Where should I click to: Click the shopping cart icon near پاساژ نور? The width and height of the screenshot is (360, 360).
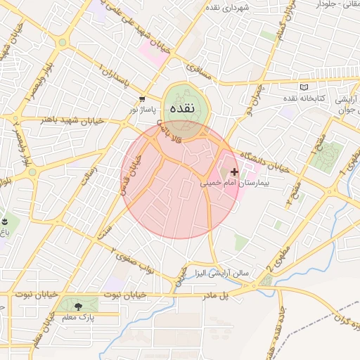[142, 99]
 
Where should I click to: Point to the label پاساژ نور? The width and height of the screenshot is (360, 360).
[139, 110]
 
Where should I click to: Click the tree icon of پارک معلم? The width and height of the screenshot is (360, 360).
[77, 306]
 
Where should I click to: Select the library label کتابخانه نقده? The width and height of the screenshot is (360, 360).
[303, 98]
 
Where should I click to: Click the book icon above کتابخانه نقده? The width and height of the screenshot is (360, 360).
[303, 87]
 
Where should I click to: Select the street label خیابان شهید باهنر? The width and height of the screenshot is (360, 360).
[71, 120]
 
